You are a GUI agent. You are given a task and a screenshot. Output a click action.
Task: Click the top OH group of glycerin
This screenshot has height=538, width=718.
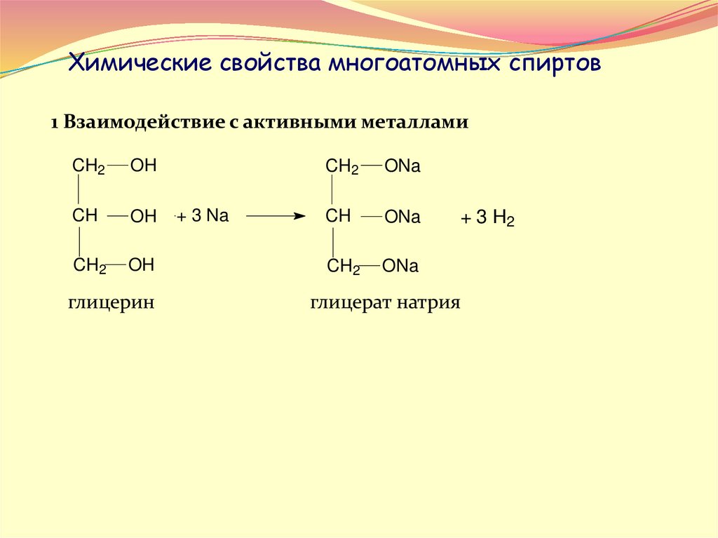point(143,166)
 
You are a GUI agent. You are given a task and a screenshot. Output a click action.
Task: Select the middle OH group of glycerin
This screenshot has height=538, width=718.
point(143,217)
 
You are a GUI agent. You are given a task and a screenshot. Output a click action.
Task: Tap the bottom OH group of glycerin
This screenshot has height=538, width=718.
point(141,264)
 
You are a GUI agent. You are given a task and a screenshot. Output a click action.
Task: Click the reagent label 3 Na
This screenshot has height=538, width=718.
point(209,216)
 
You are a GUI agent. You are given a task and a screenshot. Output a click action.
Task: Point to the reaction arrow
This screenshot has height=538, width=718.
point(276,217)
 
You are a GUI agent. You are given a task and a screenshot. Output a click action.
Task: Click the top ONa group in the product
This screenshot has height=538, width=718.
point(402,167)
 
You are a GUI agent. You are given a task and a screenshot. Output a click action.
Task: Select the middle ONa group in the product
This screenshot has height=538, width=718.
point(402,217)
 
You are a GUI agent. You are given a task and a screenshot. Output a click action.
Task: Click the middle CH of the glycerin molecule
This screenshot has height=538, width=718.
point(85,215)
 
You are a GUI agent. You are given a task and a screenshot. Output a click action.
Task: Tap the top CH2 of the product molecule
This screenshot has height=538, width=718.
point(342,167)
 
